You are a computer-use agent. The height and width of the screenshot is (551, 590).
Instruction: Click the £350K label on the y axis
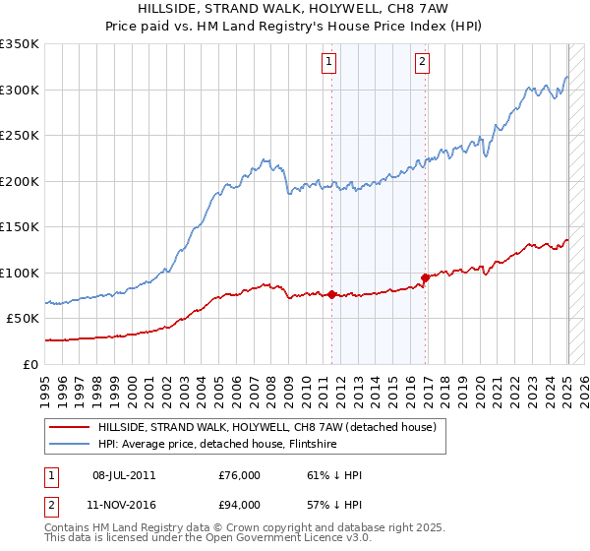pos(19,44)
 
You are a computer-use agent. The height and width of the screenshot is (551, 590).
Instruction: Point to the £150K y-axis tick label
pos(19,227)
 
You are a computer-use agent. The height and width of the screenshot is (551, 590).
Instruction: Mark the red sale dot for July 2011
pos(331,294)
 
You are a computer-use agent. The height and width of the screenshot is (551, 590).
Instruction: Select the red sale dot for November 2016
pos(425,278)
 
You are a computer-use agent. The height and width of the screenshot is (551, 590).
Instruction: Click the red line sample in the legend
pos(69,427)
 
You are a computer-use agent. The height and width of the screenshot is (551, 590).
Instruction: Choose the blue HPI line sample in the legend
pos(69,444)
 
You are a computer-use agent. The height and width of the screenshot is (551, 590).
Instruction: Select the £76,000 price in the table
pos(240,476)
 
